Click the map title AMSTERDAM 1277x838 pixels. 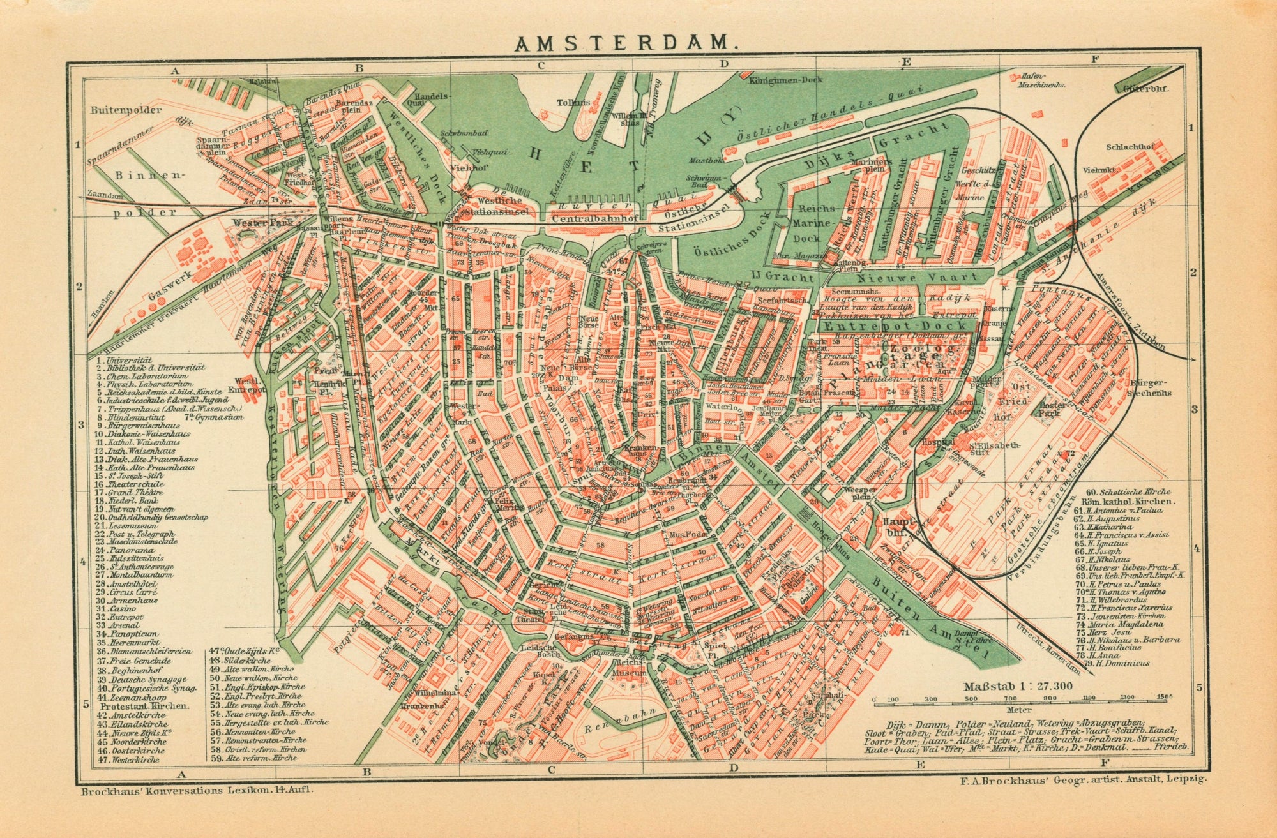626,43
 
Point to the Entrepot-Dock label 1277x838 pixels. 895,326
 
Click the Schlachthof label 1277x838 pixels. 1131,147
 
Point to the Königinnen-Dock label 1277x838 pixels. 786,80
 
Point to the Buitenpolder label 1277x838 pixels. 126,109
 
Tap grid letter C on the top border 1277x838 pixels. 541,64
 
